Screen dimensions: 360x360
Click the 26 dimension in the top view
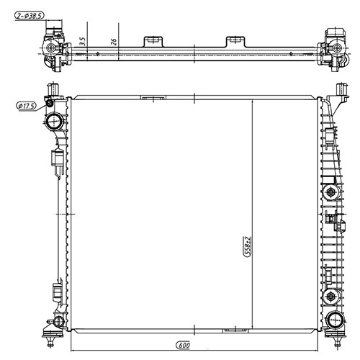[114, 41]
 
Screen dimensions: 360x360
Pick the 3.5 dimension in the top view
[84, 40]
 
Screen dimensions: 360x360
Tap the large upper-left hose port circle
[53, 120]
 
